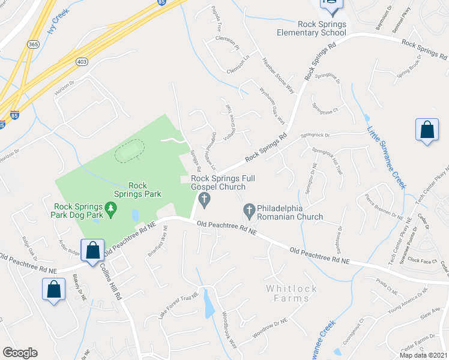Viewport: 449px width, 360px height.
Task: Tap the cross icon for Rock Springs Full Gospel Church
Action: tap(205, 200)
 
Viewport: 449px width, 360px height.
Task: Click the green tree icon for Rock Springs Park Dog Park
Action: tap(110, 208)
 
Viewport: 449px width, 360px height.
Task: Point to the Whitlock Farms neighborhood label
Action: tap(291, 293)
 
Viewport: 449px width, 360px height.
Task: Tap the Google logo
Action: tap(20, 353)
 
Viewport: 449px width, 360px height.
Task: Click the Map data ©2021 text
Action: tap(424, 355)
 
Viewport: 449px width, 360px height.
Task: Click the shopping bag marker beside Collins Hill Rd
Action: tap(93, 251)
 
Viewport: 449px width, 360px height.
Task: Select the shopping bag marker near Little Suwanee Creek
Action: tap(426, 131)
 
